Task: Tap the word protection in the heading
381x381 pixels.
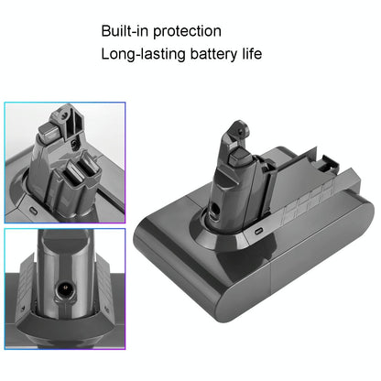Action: [x=190, y=31]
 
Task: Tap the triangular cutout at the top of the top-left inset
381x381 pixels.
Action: [x=55, y=119]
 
